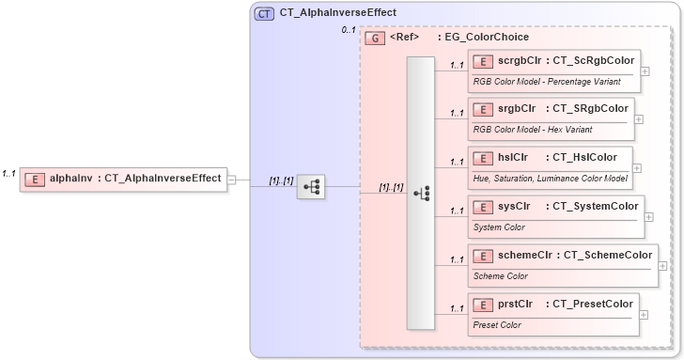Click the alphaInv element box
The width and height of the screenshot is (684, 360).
[123, 177]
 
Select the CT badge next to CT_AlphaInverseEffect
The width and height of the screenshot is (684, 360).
[264, 13]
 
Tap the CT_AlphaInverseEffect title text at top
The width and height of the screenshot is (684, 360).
[337, 13]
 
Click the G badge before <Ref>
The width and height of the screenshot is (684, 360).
[375, 38]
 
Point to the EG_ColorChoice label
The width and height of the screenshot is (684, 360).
[487, 38]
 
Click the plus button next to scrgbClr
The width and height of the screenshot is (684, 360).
[645, 70]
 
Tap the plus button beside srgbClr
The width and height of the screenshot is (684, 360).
[639, 119]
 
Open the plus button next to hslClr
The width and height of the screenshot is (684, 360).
[638, 167]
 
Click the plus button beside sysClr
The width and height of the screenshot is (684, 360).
[649, 216]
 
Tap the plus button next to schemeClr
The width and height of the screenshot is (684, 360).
[663, 265]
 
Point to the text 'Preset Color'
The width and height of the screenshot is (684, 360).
[498, 325]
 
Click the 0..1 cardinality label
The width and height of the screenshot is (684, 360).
[348, 31]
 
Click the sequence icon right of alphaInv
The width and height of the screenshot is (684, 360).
[311, 187]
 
